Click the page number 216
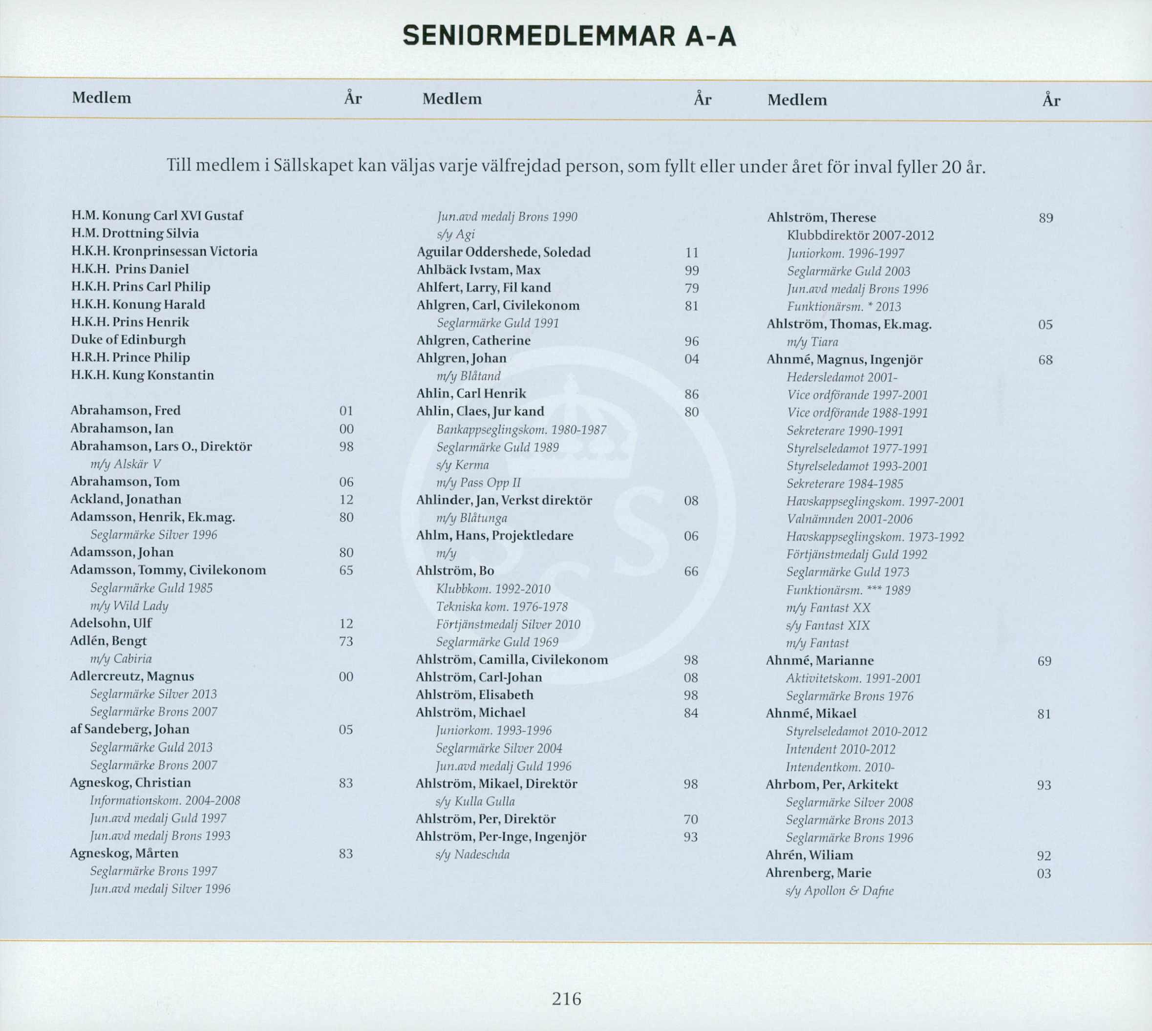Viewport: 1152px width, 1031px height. point(567,998)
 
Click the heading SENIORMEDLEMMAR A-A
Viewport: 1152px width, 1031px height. point(570,38)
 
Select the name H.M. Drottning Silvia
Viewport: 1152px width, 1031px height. point(135,233)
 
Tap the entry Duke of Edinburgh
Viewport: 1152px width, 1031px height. point(128,340)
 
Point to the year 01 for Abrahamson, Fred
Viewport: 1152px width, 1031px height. point(346,411)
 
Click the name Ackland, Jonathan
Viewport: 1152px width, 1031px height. point(126,500)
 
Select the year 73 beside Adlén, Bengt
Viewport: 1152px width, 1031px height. point(346,641)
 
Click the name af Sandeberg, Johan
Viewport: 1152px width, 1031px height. point(130,730)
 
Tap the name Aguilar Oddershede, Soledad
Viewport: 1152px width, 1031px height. point(503,252)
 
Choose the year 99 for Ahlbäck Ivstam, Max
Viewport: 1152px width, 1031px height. point(691,271)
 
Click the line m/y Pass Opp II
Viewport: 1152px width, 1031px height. point(478,483)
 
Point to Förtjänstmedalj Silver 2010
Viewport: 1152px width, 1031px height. point(508,625)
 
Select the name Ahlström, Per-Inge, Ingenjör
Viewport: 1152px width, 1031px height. point(501,837)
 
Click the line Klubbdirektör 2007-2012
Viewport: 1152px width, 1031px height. point(860,236)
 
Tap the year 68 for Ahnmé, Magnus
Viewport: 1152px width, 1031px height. point(1045,360)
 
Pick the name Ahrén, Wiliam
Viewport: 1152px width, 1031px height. point(809,855)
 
